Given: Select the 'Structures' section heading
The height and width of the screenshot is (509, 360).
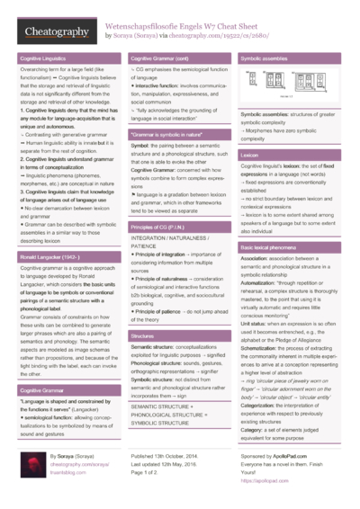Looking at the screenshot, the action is [x=142, y=335].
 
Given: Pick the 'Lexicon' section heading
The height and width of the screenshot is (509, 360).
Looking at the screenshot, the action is [x=249, y=155].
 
